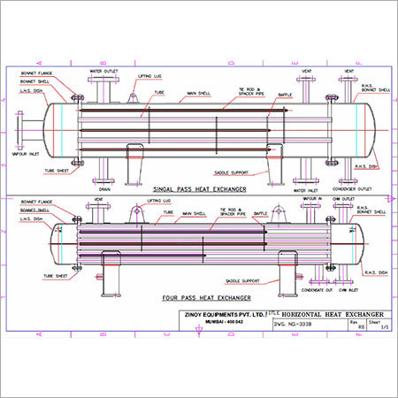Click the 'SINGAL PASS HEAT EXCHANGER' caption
click(x=198, y=189)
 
